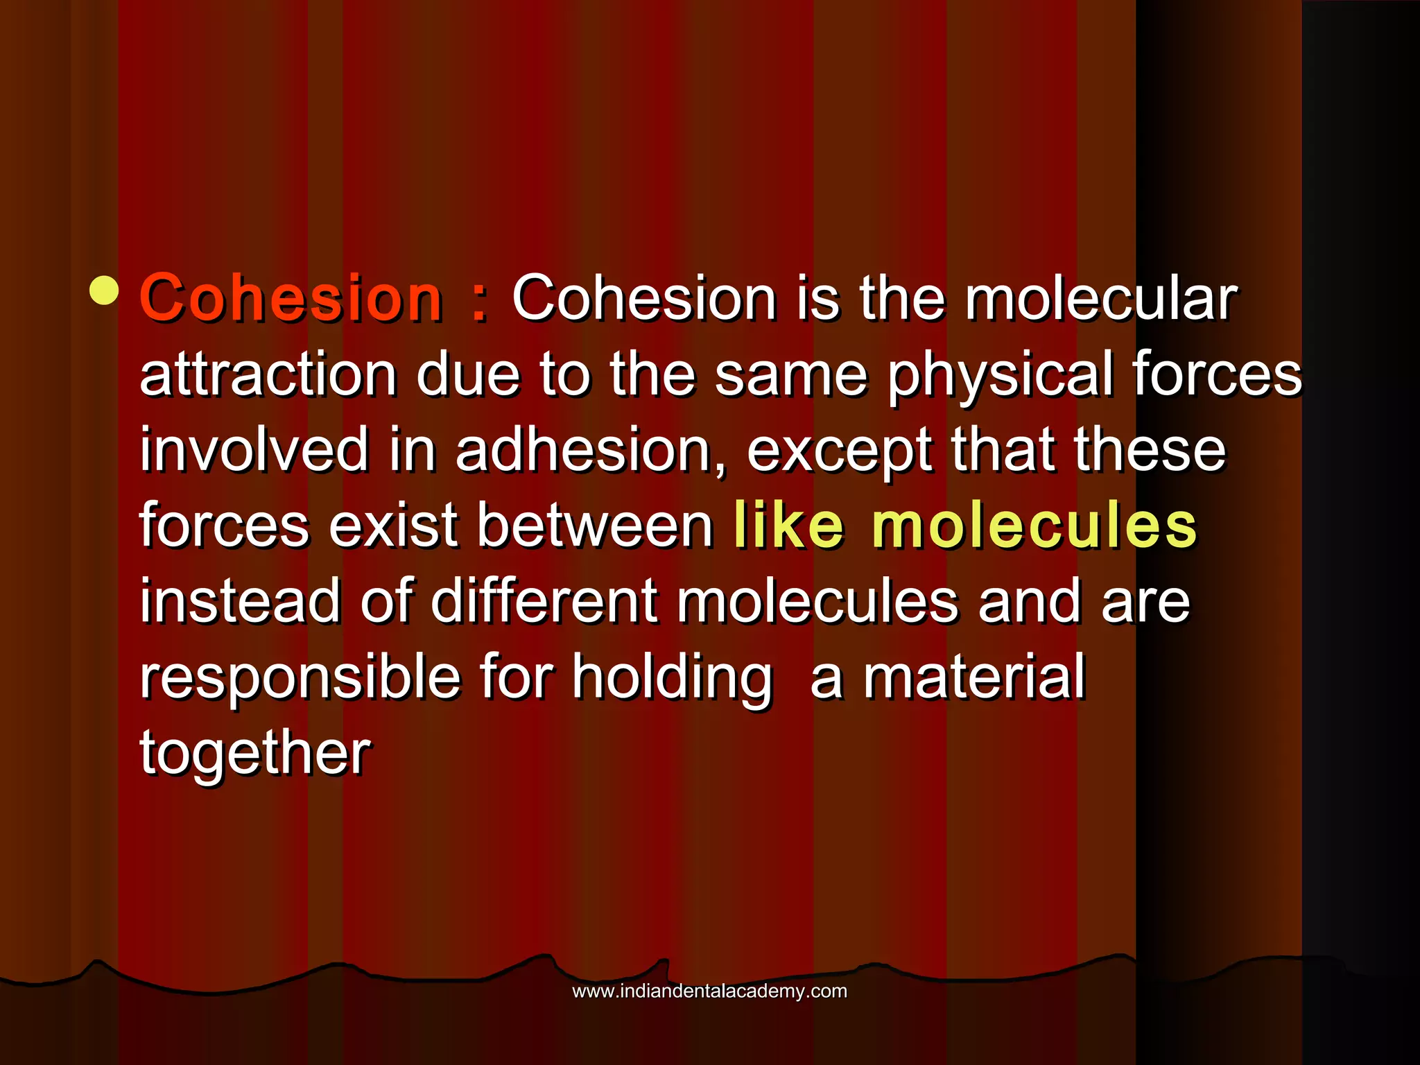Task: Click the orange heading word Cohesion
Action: coord(291,299)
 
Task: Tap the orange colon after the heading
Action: coord(478,302)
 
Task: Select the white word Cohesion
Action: coord(644,299)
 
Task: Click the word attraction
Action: coord(268,374)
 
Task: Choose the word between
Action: coord(595,526)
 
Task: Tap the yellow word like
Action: coord(789,526)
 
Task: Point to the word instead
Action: coord(241,601)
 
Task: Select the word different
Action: coord(543,601)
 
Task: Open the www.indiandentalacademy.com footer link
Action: coord(709,992)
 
